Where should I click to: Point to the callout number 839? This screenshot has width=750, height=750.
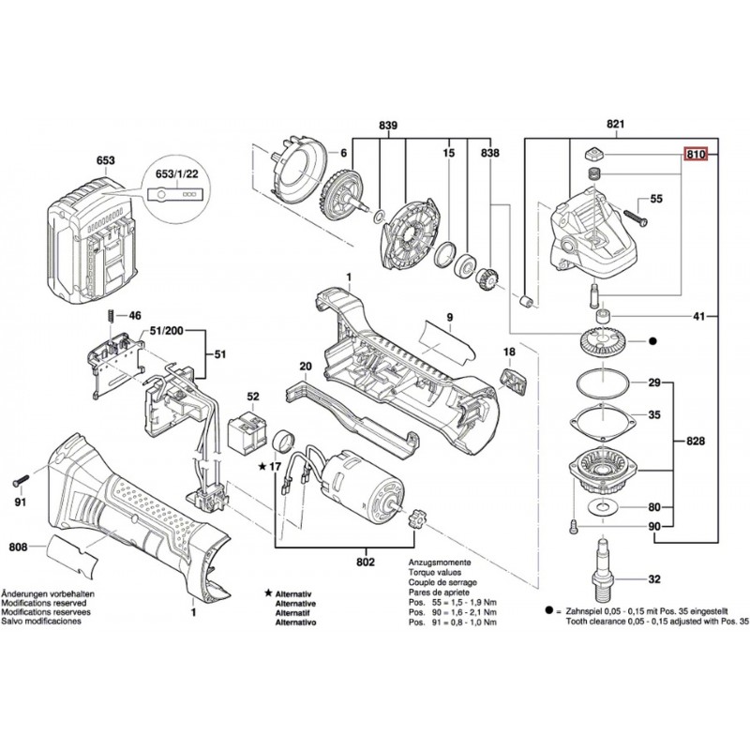(x=388, y=125)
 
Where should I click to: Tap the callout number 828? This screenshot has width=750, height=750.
(x=695, y=440)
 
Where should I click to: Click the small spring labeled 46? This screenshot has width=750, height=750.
(x=112, y=317)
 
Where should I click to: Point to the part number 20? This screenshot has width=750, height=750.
(x=305, y=367)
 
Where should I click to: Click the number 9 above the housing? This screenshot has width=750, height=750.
(x=449, y=319)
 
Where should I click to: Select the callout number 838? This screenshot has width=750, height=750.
(x=489, y=153)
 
